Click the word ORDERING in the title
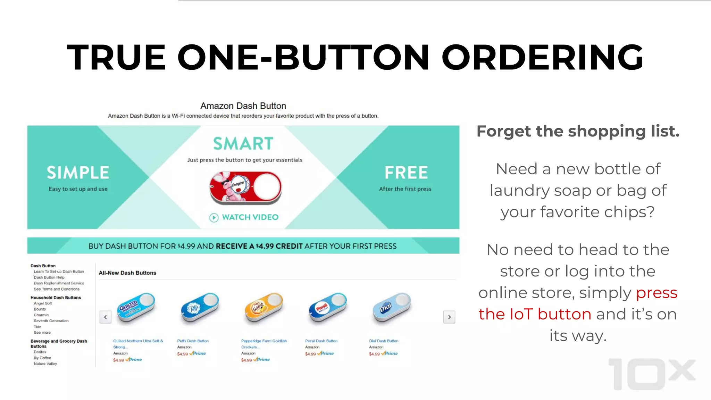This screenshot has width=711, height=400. (x=542, y=57)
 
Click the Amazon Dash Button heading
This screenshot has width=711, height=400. (x=243, y=106)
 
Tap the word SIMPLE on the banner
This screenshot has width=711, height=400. (x=78, y=173)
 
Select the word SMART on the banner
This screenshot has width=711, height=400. (x=243, y=144)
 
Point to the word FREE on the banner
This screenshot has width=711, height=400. (x=406, y=173)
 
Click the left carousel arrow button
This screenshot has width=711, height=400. (x=106, y=317)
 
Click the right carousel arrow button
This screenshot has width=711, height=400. (x=449, y=317)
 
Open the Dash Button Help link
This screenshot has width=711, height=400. (x=49, y=277)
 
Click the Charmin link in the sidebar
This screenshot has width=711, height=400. (x=41, y=315)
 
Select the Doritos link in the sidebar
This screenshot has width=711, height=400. (x=40, y=352)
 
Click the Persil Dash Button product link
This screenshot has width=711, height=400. (x=321, y=341)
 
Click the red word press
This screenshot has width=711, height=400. (x=656, y=293)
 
